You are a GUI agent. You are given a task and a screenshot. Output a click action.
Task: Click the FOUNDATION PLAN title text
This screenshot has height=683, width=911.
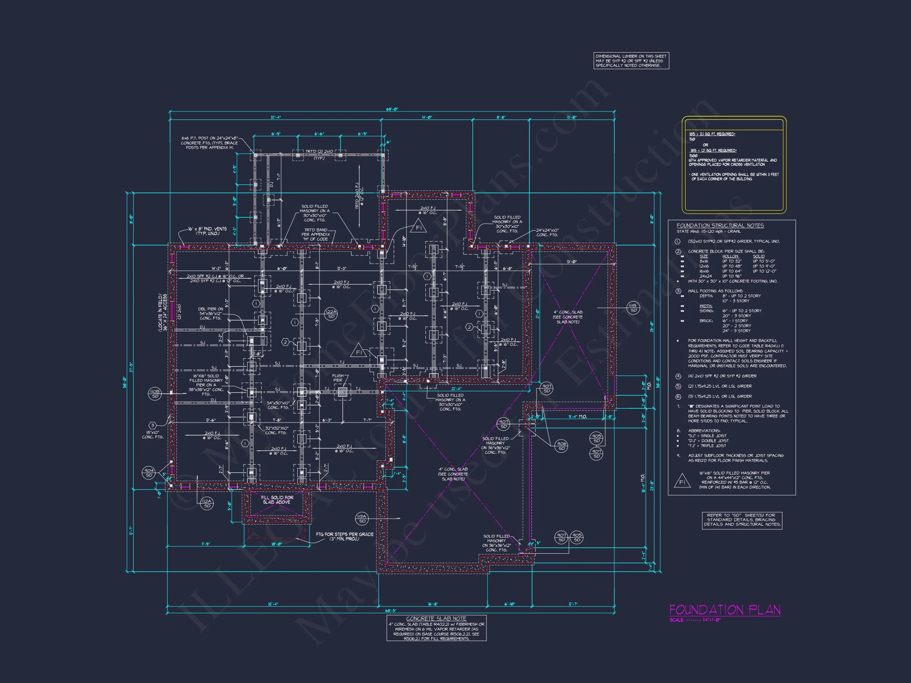coord(724,610)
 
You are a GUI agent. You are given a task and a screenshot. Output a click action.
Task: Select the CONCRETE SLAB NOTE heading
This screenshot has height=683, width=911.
coord(436,618)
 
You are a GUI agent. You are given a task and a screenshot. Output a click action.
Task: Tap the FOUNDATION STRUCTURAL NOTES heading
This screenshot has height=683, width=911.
coord(720,226)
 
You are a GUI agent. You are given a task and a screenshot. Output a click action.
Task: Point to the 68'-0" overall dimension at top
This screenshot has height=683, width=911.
coord(392,109)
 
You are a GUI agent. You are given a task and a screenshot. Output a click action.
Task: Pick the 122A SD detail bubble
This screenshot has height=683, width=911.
coord(331,314)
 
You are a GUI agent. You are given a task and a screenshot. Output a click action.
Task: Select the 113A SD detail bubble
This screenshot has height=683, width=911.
coord(362,519)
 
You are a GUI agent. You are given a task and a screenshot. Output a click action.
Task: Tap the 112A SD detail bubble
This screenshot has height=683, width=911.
coord(207,503)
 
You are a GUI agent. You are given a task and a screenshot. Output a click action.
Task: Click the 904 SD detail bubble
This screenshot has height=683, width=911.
coord(149,473)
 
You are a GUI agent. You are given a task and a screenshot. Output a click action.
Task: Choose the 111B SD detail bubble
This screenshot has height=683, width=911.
coord(633,308)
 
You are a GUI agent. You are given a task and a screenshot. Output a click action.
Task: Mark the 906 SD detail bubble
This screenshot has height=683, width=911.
coord(561,446)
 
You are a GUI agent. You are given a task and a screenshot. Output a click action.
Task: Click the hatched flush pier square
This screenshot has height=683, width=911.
coord(342,392)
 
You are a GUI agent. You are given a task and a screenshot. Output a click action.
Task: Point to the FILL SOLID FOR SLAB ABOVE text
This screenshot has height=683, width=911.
coord(277,499)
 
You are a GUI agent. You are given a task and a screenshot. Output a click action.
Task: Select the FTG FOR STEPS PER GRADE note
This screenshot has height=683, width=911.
coord(345,536)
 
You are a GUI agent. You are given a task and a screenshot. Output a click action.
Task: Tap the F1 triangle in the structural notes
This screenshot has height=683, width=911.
coord(682,482)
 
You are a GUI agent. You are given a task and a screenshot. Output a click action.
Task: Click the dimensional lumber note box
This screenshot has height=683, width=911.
coord(631,61)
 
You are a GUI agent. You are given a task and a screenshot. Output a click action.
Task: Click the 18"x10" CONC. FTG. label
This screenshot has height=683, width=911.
coord(153,435)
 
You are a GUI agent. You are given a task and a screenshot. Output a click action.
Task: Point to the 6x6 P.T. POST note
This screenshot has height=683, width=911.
coord(209,143)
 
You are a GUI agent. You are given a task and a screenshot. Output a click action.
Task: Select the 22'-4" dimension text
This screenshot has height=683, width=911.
coord(456,389)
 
